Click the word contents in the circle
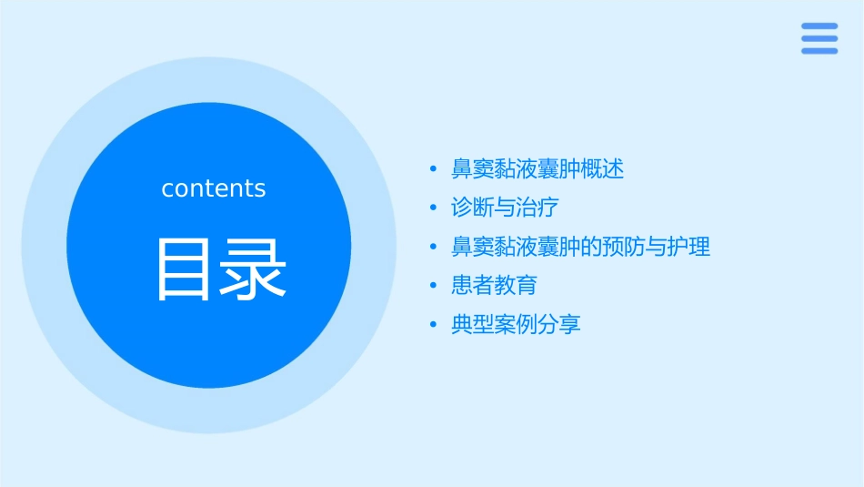click(x=214, y=188)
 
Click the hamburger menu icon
click(x=819, y=38)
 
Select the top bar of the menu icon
click(x=819, y=25)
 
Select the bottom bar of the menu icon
click(x=819, y=51)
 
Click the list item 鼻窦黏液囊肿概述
click(x=537, y=168)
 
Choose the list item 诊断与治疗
click(x=505, y=208)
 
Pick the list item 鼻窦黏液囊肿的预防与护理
click(x=580, y=247)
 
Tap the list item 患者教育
click(x=494, y=285)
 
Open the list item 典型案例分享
click(x=516, y=324)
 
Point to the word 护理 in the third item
click(x=689, y=247)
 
